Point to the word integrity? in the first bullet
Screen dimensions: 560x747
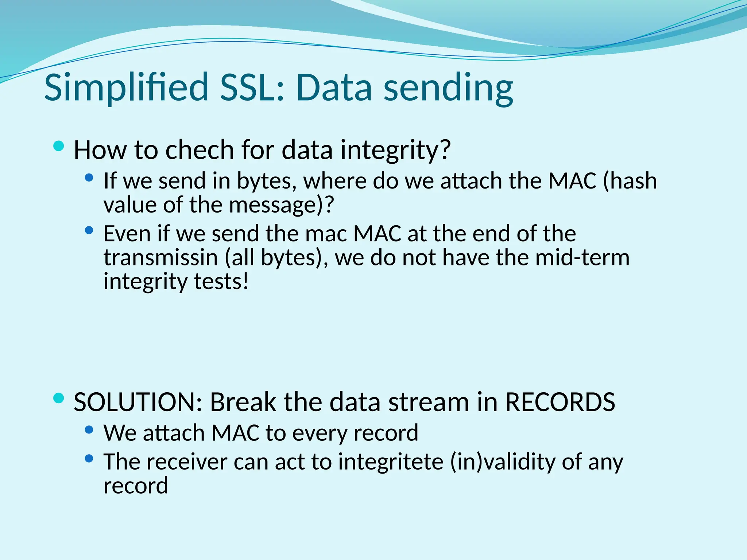click(x=396, y=150)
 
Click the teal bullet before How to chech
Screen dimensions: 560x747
click(x=58, y=147)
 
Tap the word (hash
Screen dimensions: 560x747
click(x=630, y=181)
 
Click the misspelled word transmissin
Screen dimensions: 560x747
click(x=160, y=257)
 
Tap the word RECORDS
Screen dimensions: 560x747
click(x=560, y=402)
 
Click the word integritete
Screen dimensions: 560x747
click(x=391, y=462)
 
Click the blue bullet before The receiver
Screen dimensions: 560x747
click(x=89, y=459)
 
